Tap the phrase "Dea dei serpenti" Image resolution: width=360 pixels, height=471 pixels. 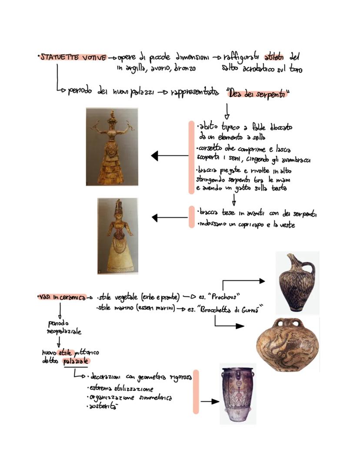258,93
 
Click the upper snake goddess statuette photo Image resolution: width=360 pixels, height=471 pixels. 112,147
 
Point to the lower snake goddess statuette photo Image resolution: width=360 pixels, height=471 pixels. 117,236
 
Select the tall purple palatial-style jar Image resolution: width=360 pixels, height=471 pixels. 237,394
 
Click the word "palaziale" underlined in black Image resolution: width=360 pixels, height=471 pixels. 76,361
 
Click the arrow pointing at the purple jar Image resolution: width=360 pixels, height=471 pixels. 210,401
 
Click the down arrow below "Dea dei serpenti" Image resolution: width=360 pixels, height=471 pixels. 227,112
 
